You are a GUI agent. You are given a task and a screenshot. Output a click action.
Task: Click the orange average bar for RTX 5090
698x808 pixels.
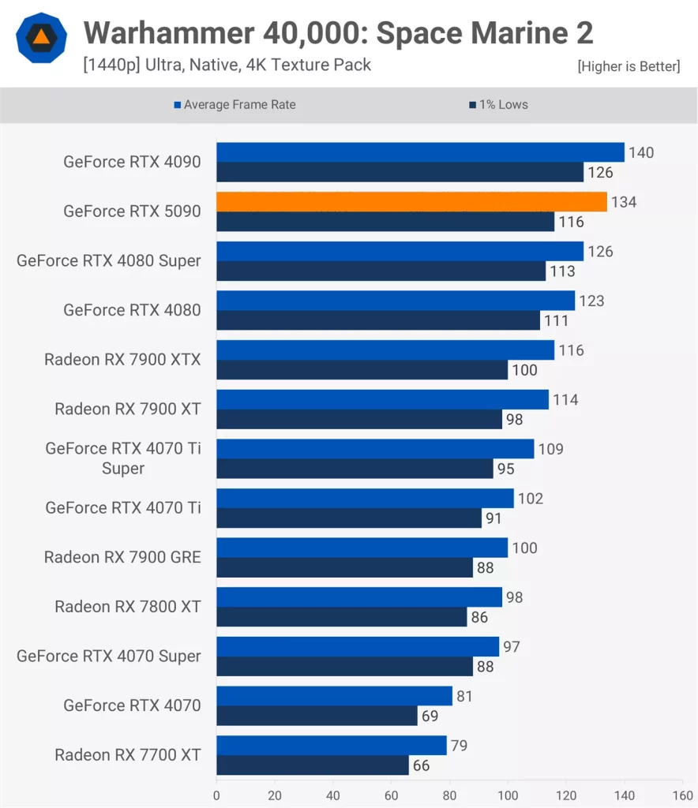(x=411, y=202)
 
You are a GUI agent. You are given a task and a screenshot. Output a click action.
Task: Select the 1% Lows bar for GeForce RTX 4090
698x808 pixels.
(x=400, y=172)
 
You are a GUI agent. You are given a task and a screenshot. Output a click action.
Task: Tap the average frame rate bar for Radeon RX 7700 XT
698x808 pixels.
(x=331, y=746)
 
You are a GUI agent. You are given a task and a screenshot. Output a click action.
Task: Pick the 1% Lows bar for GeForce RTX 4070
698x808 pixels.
(x=317, y=716)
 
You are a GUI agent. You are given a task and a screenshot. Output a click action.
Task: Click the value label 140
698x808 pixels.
(x=641, y=152)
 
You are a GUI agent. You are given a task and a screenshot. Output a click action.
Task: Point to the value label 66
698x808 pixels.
(x=421, y=765)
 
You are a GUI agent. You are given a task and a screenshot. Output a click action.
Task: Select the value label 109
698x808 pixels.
(x=550, y=449)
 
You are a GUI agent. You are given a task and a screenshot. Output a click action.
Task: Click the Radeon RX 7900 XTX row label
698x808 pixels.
(x=122, y=360)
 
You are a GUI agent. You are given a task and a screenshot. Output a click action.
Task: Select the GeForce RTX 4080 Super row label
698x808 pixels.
(x=109, y=261)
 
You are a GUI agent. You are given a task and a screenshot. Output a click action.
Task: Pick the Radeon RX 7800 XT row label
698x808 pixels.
(x=128, y=607)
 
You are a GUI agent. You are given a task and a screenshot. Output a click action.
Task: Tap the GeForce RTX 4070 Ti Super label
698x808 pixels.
(x=123, y=458)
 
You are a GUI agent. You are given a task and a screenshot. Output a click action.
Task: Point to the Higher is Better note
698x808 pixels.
(x=629, y=66)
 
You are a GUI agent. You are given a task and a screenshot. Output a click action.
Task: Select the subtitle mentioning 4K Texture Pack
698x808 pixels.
(x=227, y=65)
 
